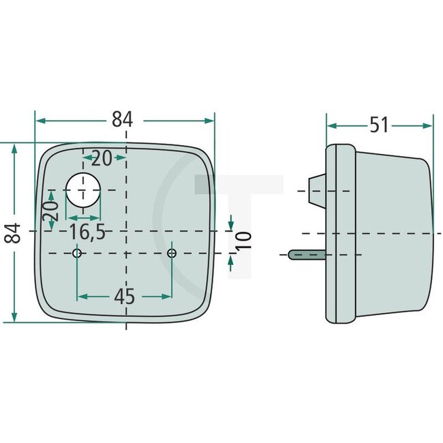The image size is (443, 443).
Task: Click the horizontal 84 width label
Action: click(x=122, y=119)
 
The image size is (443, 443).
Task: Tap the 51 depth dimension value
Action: click(x=379, y=125)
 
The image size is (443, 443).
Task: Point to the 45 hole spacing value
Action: click(x=125, y=297)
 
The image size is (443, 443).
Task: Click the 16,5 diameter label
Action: click(x=87, y=232)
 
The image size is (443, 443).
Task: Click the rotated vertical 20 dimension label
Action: click(x=50, y=215)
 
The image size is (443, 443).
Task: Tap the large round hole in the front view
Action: click(x=82, y=189)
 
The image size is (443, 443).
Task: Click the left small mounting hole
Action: click(x=77, y=254)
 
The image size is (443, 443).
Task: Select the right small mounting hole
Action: click(x=172, y=254)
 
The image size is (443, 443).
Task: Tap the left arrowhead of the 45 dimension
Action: click(x=82, y=296)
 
